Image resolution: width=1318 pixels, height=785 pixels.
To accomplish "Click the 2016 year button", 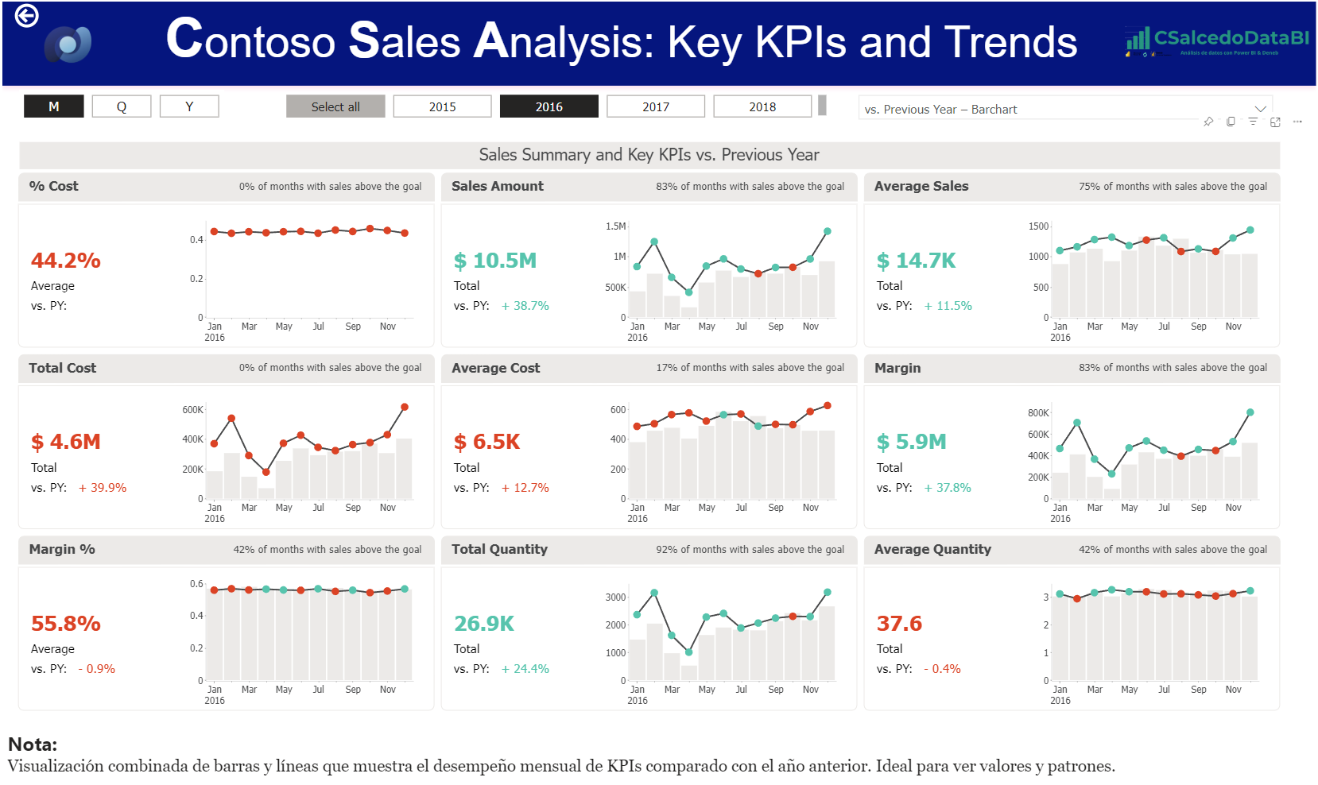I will [549, 106].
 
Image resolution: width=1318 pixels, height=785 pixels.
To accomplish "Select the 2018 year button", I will [762, 106].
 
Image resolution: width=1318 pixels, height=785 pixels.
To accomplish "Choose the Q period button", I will [122, 106].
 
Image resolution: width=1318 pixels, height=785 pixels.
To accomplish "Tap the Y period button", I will [189, 106].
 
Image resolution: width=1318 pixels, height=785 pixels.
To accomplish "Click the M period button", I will [54, 106].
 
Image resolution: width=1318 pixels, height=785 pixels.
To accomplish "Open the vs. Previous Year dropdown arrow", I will [1260, 109].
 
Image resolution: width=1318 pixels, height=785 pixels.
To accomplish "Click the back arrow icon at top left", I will [27, 15].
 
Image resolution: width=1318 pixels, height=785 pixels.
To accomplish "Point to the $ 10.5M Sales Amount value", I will [495, 261].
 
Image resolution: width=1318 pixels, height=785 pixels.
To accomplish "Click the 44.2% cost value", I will [66, 261].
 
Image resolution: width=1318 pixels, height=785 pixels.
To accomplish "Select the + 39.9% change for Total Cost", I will [103, 488].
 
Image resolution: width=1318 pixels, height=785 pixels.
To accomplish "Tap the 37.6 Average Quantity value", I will [899, 624].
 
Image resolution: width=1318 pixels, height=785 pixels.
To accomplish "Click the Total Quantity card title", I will [499, 549].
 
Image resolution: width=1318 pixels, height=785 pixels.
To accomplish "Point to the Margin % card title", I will [62, 549].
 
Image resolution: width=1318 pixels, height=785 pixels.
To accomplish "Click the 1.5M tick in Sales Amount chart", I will [616, 226].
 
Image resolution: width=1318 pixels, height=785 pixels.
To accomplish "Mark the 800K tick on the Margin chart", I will [1038, 413].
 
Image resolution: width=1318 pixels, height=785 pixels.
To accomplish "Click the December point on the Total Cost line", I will [405, 407].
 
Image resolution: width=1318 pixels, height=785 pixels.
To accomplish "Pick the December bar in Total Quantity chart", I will [827, 643].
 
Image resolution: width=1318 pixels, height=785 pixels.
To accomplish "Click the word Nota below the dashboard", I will [33, 744].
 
